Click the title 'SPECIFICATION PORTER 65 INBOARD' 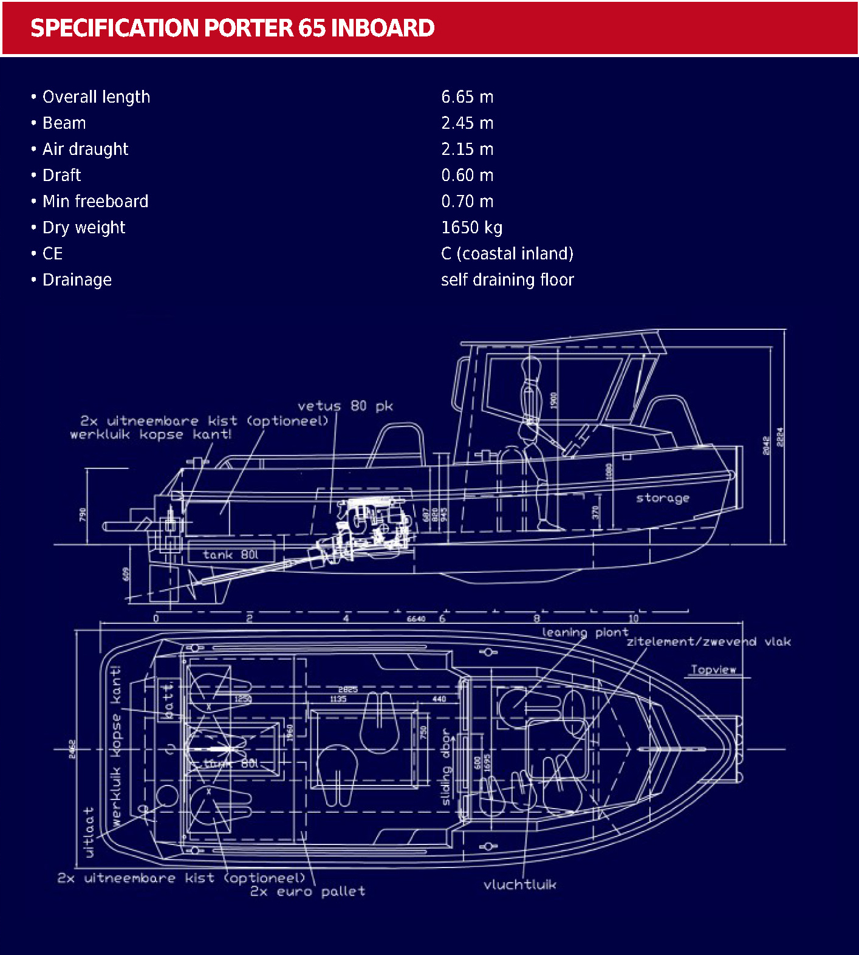pyautogui.click(x=232, y=28)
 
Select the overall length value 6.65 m pyautogui.click(x=467, y=97)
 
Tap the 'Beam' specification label pyautogui.click(x=64, y=123)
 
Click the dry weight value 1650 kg pyautogui.click(x=471, y=228)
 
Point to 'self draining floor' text pyautogui.click(x=507, y=280)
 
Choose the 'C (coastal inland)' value pyautogui.click(x=507, y=254)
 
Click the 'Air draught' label pyautogui.click(x=85, y=149)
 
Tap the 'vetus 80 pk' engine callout pyautogui.click(x=345, y=406)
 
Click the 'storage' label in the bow pyautogui.click(x=662, y=498)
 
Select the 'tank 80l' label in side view pyautogui.click(x=230, y=555)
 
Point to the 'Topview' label pyautogui.click(x=713, y=669)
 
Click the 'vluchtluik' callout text pyautogui.click(x=519, y=885)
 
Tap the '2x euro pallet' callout pyautogui.click(x=307, y=891)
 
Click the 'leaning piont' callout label pyautogui.click(x=584, y=632)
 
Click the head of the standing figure pyautogui.click(x=530, y=366)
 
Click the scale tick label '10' pyautogui.click(x=633, y=618)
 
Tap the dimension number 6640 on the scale pyautogui.click(x=416, y=618)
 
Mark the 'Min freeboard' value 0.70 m pyautogui.click(x=467, y=202)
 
